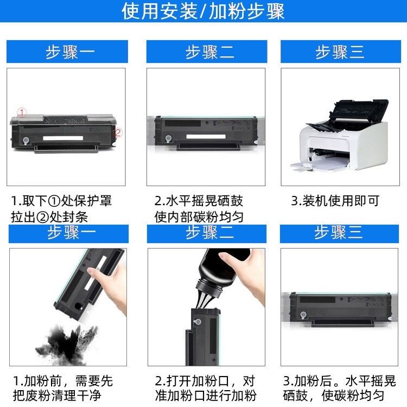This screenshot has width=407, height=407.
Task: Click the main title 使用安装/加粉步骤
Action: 203,11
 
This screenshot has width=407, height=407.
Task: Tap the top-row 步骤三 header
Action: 340,52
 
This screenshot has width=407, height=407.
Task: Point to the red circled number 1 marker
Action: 22,112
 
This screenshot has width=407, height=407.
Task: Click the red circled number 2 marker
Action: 118,132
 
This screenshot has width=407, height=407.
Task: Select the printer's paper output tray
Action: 320,165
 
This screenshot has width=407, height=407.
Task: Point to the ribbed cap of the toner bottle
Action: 209,288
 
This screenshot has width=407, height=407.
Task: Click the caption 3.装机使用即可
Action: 335,201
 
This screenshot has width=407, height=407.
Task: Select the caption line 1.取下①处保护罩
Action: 61,201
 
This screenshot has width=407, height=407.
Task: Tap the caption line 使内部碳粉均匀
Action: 199,217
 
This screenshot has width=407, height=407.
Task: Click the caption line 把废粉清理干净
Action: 57,396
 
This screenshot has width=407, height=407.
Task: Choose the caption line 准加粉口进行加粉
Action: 206,396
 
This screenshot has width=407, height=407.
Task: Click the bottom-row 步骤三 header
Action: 339,233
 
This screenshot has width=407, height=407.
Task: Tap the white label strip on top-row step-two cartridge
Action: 206,137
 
